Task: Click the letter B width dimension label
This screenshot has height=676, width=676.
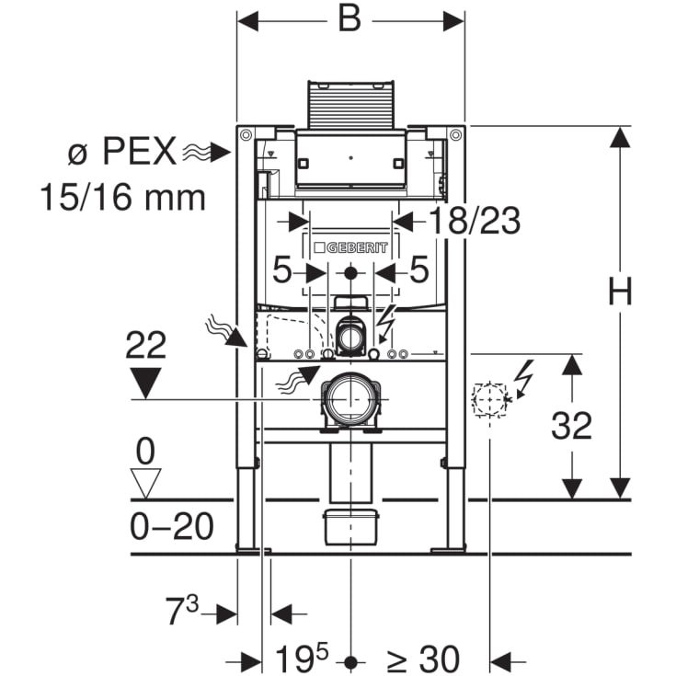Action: [x=349, y=20]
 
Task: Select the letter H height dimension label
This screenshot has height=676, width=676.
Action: [x=622, y=292]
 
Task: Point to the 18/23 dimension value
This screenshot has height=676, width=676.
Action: [x=474, y=222]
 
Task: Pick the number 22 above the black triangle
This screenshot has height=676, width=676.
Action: [x=145, y=346]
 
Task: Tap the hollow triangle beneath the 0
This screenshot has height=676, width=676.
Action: [x=145, y=481]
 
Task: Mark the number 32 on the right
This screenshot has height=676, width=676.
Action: [x=571, y=426]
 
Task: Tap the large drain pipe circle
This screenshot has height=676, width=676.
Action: [x=349, y=397]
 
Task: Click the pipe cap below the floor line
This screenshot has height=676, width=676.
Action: [x=349, y=527]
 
